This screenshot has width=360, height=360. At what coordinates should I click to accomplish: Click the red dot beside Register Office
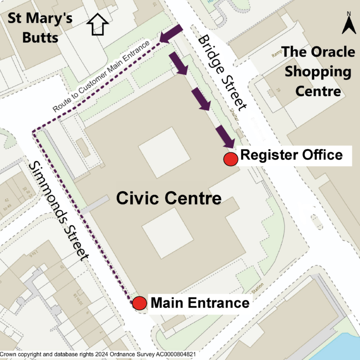[x=230, y=159]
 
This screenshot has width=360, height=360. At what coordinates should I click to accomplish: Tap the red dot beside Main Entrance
[x=139, y=303]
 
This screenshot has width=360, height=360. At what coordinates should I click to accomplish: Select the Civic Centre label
[x=169, y=198]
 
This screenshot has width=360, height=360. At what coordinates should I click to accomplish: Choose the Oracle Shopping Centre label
[x=318, y=71]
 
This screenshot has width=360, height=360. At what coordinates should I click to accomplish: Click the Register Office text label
[x=291, y=155]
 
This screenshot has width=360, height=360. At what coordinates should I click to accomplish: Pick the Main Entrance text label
[x=200, y=303]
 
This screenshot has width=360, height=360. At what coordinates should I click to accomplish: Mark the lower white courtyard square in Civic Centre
[x=167, y=239]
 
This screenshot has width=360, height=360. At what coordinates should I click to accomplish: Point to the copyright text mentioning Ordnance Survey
[x=98, y=355]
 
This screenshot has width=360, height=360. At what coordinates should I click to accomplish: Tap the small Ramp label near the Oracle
[x=278, y=55]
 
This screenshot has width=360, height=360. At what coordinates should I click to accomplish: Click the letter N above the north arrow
[x=349, y=14]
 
